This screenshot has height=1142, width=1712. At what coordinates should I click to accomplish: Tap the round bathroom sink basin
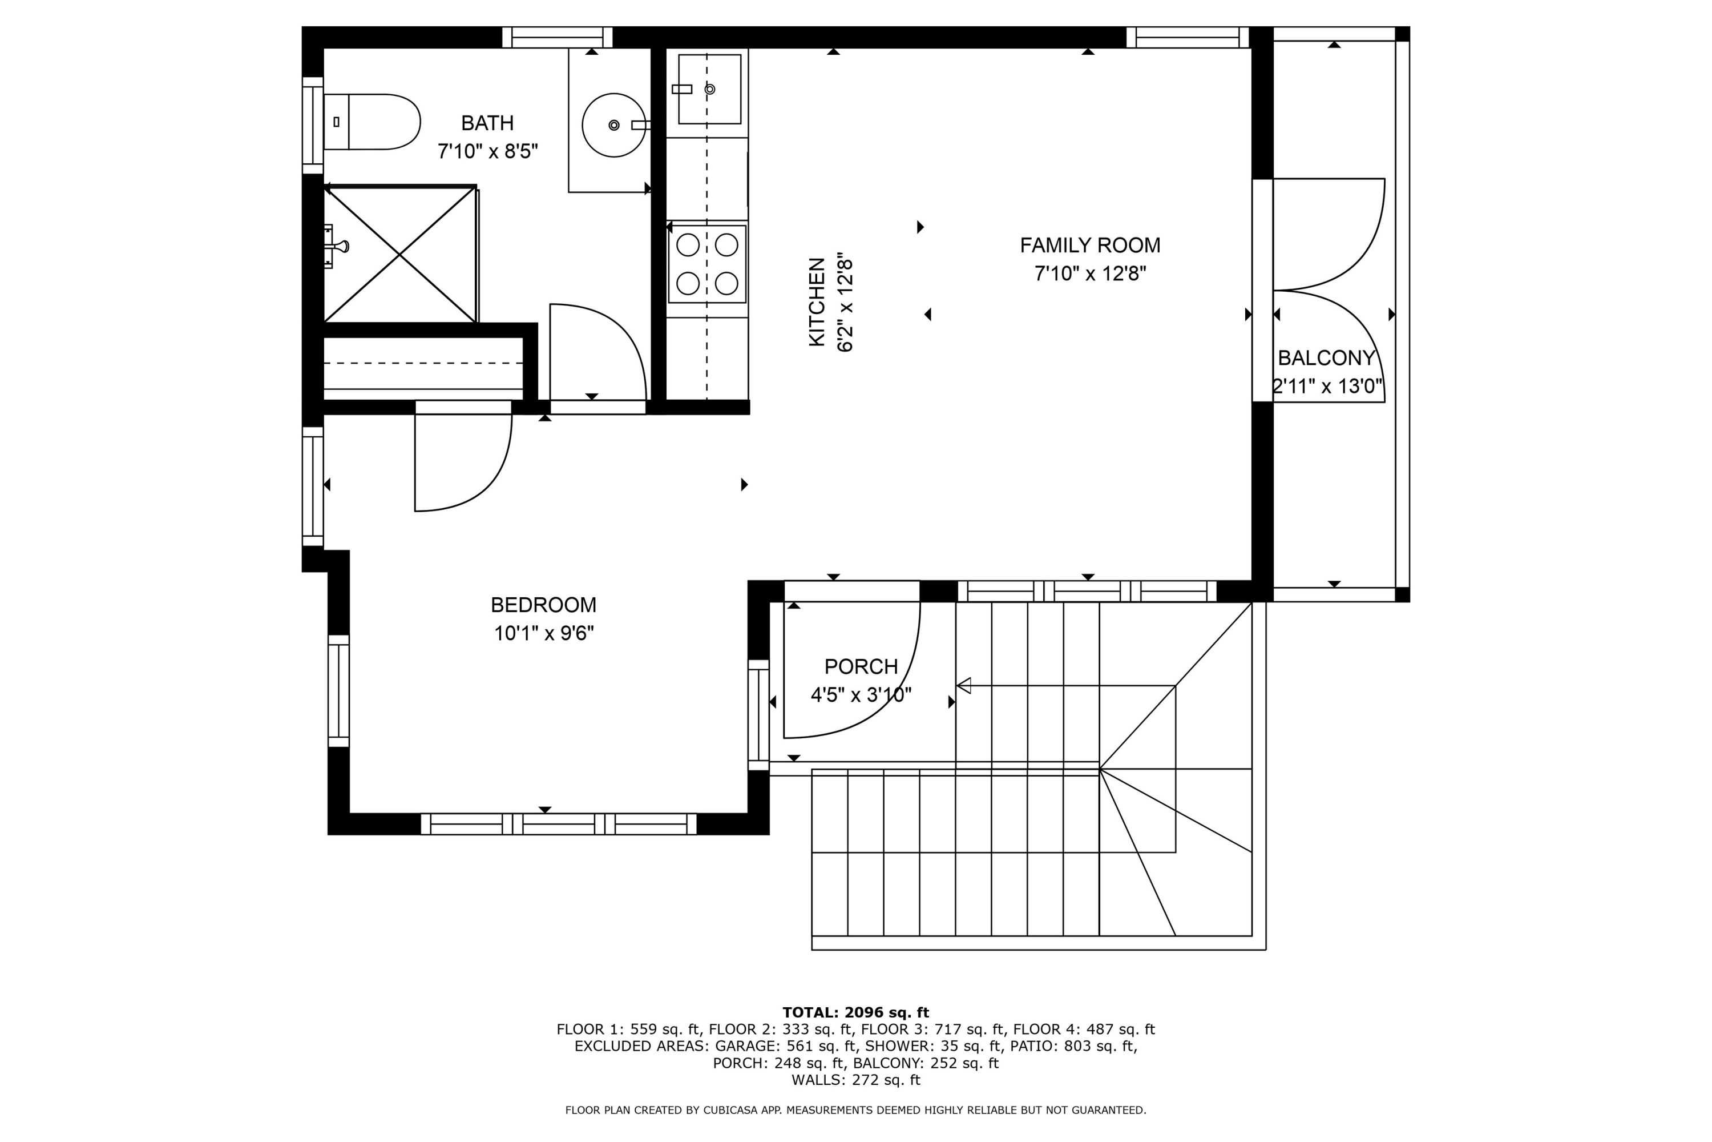coord(613,125)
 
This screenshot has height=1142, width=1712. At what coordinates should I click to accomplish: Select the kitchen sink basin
coord(710,89)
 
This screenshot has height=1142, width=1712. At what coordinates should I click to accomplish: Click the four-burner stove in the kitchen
coord(708,264)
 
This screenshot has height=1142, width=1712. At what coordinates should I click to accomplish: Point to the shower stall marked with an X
coord(399,254)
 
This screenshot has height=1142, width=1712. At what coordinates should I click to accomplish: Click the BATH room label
coord(487,123)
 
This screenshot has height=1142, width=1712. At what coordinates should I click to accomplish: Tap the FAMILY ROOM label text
coord(1089,246)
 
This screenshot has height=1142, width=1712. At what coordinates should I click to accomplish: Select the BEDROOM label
coord(543,605)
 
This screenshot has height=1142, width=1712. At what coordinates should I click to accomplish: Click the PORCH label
coord(861,666)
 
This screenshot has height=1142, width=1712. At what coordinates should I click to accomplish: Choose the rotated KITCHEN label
coord(817,301)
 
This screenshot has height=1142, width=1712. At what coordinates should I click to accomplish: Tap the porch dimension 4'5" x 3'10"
coord(861,695)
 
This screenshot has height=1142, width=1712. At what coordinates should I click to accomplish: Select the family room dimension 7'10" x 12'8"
coord(1089,274)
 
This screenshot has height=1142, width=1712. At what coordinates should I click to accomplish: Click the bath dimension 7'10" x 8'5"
coord(487,151)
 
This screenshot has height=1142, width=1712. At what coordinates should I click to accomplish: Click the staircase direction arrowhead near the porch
coord(964,685)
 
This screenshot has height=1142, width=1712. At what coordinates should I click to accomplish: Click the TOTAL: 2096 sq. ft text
coord(855,1012)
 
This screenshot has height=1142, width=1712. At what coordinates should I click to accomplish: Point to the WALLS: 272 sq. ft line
coord(855,1080)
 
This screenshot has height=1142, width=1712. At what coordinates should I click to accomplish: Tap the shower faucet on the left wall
coord(336,246)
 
